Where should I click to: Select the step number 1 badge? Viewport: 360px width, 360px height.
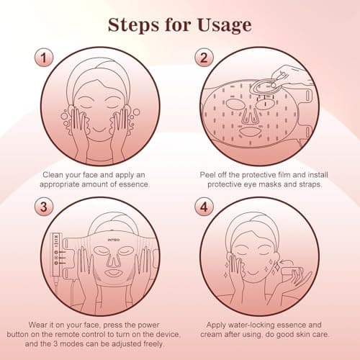coord(45,56)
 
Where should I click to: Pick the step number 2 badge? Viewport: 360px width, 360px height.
coord(206,56)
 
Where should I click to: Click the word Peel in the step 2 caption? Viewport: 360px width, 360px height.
coord(211,174)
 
